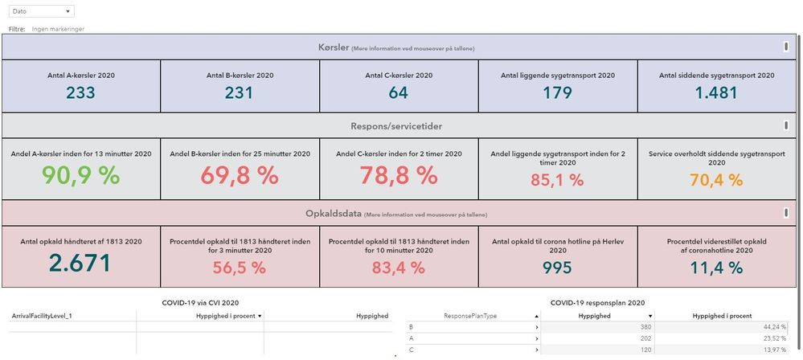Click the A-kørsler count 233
pyautogui.click(x=80, y=92)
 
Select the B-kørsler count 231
pyautogui.click(x=240, y=92)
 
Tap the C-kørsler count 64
pyautogui.click(x=399, y=92)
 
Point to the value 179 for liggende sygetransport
pyautogui.click(x=558, y=92)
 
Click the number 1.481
pyautogui.click(x=717, y=92)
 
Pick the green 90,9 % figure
pyautogui.click(x=80, y=176)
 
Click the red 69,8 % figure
pyautogui.click(x=240, y=176)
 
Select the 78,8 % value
pyautogui.click(x=399, y=176)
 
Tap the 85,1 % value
pyautogui.click(x=558, y=181)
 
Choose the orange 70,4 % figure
pyautogui.click(x=717, y=180)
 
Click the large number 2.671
pyautogui.click(x=80, y=264)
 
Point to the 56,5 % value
pyautogui.click(x=240, y=268)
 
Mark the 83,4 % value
pyautogui.click(x=399, y=268)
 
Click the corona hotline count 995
pyautogui.click(x=558, y=268)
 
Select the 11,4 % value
pyautogui.click(x=717, y=268)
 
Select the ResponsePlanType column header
pyautogui.click(x=470, y=316)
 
